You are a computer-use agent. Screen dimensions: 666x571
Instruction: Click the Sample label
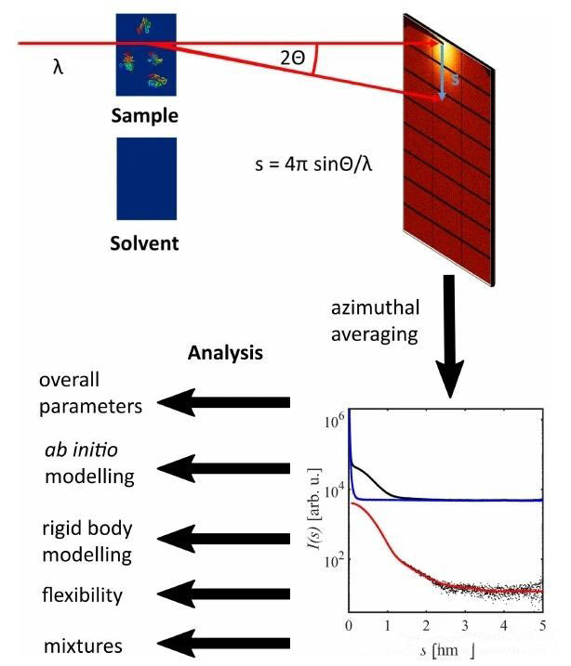tap(144, 116)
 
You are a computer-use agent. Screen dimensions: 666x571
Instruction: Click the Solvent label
tap(144, 245)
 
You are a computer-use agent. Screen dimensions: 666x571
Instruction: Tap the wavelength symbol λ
tap(59, 68)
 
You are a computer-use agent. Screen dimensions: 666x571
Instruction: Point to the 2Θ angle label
tap(291, 59)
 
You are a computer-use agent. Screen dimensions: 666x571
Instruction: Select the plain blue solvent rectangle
tap(144, 178)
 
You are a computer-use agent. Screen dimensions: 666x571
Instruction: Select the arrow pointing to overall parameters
tap(222, 402)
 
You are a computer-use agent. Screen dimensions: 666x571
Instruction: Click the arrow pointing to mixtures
tap(222, 644)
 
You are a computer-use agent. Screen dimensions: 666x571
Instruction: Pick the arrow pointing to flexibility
tap(222, 592)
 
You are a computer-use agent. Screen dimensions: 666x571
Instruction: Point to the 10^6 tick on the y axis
tap(336, 421)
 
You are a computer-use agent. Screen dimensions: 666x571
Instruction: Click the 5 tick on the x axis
tap(542, 624)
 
